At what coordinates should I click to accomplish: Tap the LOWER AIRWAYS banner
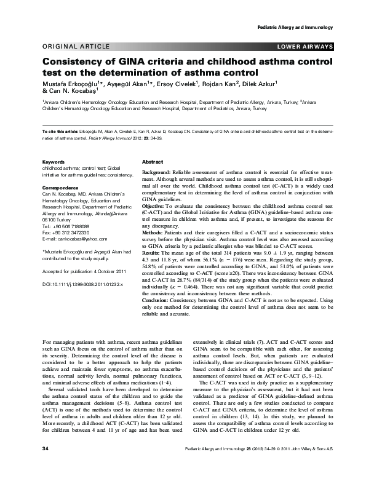coord(306,47)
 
